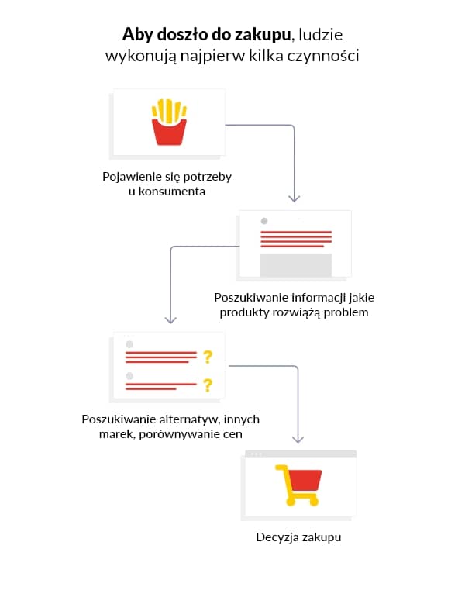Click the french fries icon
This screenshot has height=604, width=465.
pyautogui.click(x=169, y=122)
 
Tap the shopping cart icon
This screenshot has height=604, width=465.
pyautogui.click(x=298, y=485)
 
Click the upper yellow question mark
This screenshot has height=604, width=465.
pyautogui.click(x=208, y=357)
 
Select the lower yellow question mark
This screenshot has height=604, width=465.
pyautogui.click(x=208, y=385)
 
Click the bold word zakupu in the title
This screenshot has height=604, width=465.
pyautogui.click(x=263, y=35)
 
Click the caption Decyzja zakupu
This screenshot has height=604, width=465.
pyautogui.click(x=298, y=537)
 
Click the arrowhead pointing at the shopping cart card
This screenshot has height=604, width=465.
pyautogui.click(x=298, y=439)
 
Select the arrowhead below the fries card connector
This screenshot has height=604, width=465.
pyautogui.click(x=294, y=198)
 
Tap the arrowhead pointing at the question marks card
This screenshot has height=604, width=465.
pyautogui.click(x=170, y=319)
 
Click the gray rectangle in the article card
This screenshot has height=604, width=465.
pyautogui.click(x=296, y=265)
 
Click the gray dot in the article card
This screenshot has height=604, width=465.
pyautogui.click(x=264, y=221)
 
